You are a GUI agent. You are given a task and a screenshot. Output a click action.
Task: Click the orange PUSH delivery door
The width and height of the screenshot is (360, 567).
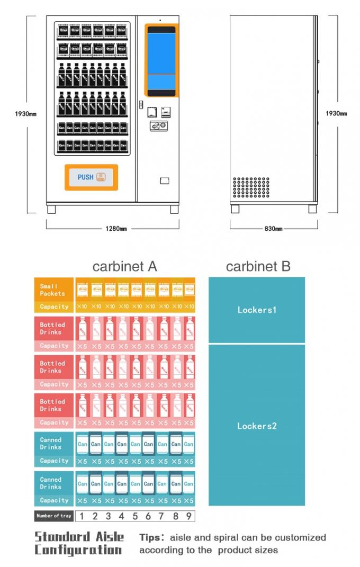pos(91,177)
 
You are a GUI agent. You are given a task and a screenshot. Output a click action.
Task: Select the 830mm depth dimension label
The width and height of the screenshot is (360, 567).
pos(273,229)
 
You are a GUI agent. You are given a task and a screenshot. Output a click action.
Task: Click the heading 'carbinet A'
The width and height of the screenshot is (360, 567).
pos(124,266)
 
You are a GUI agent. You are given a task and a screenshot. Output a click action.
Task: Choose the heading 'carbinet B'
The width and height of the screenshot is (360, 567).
pos(258,266)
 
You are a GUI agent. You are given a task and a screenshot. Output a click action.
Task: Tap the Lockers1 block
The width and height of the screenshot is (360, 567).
pos(257,310)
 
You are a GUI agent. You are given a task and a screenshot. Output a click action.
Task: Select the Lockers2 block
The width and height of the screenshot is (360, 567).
pos(257,426)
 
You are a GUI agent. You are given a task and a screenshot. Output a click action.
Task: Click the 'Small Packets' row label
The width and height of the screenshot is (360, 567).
pos(53,290)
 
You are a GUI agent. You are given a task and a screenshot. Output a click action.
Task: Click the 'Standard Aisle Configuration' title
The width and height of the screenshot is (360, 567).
pos(79,543)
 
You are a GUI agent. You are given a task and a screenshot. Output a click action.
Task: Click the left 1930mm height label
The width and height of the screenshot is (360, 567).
pos(25,114)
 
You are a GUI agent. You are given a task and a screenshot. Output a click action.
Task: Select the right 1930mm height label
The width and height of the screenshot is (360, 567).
pos(336,114)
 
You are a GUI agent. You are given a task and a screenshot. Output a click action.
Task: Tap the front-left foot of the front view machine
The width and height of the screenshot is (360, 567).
pos(51,209)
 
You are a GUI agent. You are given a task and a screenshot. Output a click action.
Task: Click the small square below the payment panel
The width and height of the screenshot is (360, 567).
pos(164,181)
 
